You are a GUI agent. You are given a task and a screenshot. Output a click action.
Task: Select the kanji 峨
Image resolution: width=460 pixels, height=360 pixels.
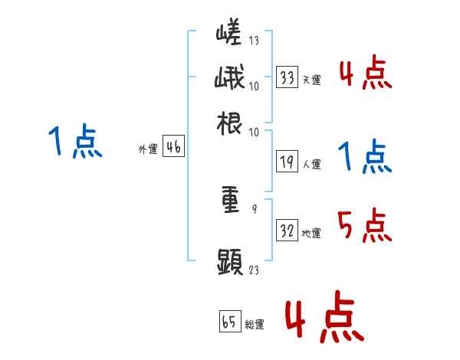[x=230, y=80]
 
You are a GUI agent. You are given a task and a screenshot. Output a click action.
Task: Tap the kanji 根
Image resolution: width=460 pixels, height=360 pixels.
[x=230, y=123]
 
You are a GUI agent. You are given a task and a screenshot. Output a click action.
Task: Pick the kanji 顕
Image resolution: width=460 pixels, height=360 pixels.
[x=230, y=261]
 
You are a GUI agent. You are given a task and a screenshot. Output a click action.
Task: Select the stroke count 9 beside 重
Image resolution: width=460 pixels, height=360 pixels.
[x=254, y=208]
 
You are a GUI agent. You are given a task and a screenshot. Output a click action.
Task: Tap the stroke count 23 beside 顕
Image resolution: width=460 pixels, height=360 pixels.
[x=254, y=270]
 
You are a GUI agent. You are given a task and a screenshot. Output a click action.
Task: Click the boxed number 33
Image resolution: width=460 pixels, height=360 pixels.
[x=287, y=77]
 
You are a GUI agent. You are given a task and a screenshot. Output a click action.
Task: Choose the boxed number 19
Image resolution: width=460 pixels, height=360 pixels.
[x=287, y=162]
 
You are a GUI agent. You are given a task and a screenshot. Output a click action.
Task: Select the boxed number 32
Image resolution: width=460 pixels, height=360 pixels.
[x=287, y=231]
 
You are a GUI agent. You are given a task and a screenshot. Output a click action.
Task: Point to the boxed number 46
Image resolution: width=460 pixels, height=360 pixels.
[x=173, y=148]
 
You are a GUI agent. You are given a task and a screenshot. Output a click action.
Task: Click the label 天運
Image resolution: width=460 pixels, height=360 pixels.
[x=311, y=80]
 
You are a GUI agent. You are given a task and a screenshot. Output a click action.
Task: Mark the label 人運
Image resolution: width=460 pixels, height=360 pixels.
[x=311, y=164]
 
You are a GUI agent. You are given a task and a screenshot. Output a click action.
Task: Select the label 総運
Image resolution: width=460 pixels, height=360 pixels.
[x=255, y=325]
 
